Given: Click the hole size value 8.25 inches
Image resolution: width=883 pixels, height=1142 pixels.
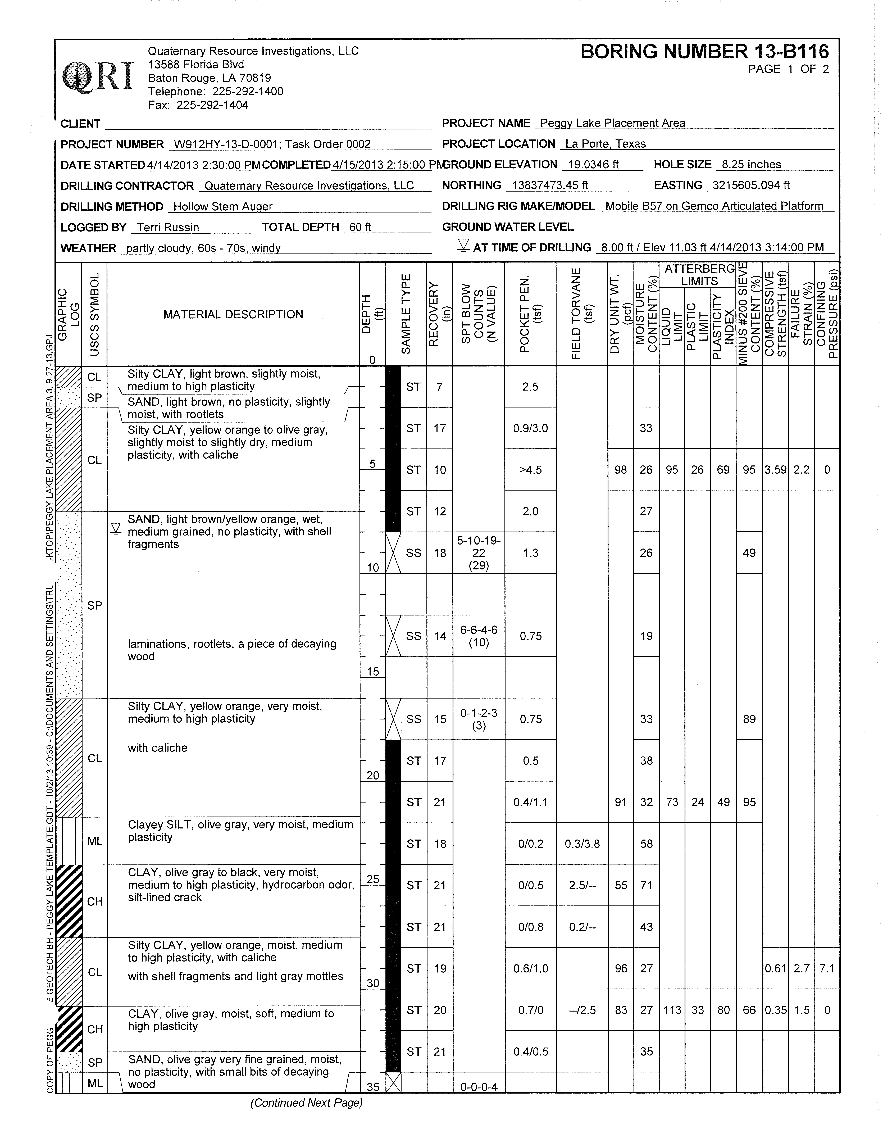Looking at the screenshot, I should [x=751, y=165].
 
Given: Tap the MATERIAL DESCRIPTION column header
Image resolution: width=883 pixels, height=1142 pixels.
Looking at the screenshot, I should [x=233, y=314].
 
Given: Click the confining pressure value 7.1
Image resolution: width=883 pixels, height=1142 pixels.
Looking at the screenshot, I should [x=827, y=968].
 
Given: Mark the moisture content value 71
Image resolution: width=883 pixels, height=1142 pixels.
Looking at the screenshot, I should [x=646, y=885].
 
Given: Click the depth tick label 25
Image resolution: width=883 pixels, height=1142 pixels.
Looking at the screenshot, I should [x=373, y=879].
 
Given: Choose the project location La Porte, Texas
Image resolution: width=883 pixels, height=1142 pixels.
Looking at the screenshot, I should [x=605, y=144].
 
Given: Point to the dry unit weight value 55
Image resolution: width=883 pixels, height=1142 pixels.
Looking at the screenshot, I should [x=621, y=885].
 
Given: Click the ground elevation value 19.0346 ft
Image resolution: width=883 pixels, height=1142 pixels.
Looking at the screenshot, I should [x=593, y=165].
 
